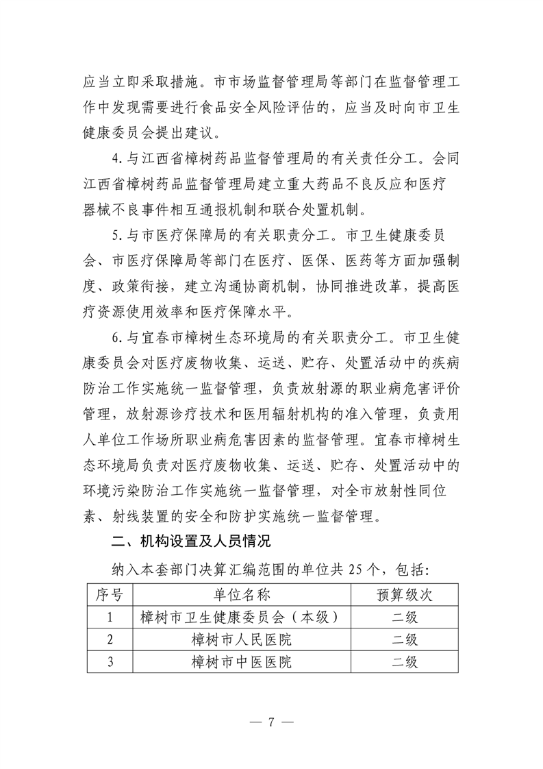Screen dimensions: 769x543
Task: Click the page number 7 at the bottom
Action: [x=271, y=722]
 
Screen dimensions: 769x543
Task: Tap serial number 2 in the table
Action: [x=109, y=640]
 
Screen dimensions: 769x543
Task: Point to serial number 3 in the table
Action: [x=109, y=663]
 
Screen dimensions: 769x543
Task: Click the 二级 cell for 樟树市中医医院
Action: [x=404, y=663]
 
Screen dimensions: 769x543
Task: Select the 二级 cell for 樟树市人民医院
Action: [x=404, y=640]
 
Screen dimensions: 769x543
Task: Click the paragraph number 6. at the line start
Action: [x=117, y=337]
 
